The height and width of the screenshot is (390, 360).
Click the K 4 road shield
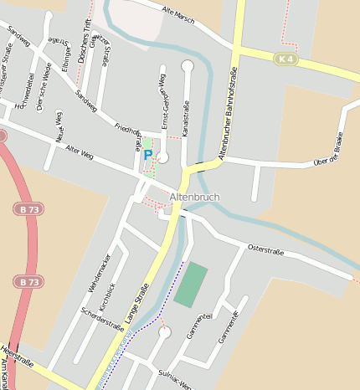(x=285, y=59)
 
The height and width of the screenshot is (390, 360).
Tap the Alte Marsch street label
(x=177, y=14)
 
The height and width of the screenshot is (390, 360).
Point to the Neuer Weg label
(x=59, y=129)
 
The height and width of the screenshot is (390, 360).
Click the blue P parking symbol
(x=148, y=155)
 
